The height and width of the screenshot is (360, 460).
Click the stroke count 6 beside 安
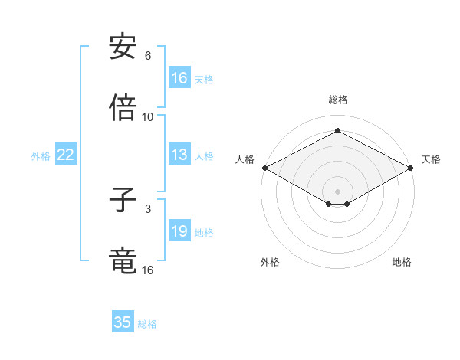148,56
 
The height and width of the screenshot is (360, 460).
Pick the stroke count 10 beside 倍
148,116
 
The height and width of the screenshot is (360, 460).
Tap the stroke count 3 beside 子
148,208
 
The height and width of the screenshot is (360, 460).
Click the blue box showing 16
179,78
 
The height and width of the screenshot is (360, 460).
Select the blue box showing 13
179,155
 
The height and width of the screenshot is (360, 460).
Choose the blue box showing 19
179,232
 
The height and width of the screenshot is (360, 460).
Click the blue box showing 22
66,155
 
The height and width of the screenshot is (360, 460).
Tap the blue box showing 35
123,322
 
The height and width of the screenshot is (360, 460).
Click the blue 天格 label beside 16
204,79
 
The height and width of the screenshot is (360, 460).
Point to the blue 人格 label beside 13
204,156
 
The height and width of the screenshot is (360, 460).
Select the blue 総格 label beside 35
147,324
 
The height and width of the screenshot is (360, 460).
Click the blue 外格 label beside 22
41,156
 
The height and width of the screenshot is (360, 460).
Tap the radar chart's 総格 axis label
337,100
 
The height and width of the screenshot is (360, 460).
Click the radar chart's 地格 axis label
402,263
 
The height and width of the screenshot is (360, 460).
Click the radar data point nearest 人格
264,168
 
